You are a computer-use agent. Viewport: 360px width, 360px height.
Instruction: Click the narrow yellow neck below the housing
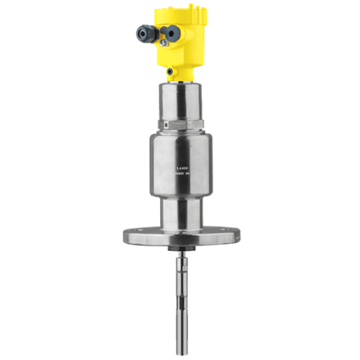[x=180, y=73]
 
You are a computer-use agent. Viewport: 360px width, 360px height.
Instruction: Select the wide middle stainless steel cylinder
[x=180, y=162]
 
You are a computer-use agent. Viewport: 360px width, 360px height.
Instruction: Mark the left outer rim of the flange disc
[x=126, y=237]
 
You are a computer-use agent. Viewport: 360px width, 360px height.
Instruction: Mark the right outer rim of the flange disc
[x=235, y=237]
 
